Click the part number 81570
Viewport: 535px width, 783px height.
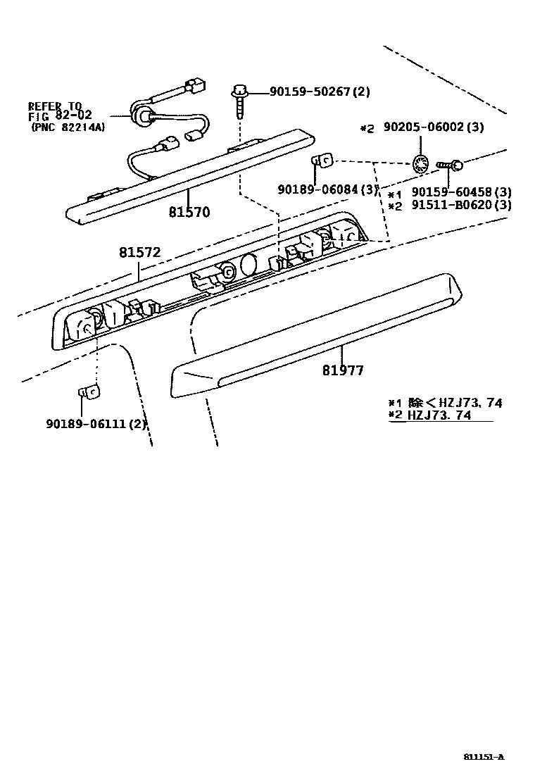coord(189,211)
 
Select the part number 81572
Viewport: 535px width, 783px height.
coord(139,252)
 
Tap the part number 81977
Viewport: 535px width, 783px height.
coord(344,370)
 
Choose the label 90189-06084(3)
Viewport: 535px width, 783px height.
coord(328,189)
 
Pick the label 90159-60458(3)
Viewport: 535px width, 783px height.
coord(462,192)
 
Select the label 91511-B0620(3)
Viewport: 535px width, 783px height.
coord(462,206)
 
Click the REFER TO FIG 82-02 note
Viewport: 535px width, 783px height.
coord(60,111)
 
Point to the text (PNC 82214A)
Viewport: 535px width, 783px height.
coord(68,127)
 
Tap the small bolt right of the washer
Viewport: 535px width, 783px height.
coord(448,165)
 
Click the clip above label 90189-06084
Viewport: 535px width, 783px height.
coord(323,161)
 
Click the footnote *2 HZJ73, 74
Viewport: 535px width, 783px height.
coord(441,415)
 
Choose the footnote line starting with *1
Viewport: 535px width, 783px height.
coord(445,403)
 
